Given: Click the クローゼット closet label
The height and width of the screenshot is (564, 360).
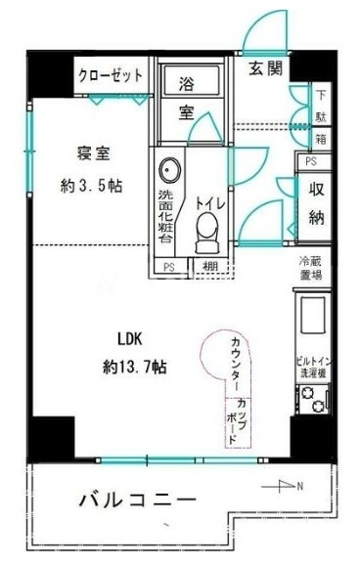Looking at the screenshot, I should tap(112, 75).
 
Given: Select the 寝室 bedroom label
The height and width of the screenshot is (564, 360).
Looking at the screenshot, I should tap(95, 152).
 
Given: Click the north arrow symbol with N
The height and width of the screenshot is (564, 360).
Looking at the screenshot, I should tap(291, 486).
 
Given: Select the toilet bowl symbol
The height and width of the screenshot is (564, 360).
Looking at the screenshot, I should tap(207, 231).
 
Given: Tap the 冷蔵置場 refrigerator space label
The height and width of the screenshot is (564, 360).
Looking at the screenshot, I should tap(311, 269).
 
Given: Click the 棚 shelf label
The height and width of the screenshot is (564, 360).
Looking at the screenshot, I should tap(209, 267).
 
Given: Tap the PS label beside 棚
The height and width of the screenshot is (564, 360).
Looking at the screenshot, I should tap(168, 267).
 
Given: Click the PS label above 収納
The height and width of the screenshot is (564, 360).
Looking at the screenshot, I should tap(311, 161).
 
